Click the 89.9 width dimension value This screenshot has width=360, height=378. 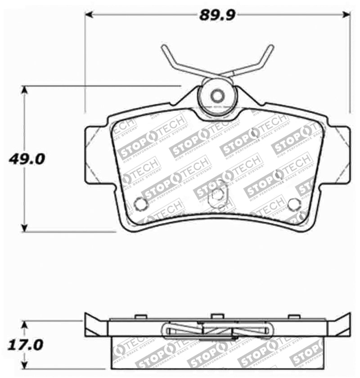218,15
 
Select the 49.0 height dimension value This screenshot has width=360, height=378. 26,159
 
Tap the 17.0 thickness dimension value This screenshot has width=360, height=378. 26,346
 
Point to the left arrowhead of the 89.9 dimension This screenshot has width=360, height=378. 89,15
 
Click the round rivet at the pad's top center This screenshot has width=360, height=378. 218,96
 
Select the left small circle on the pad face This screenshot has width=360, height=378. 141,204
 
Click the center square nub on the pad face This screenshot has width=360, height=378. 217,195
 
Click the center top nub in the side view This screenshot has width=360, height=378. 217,316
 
